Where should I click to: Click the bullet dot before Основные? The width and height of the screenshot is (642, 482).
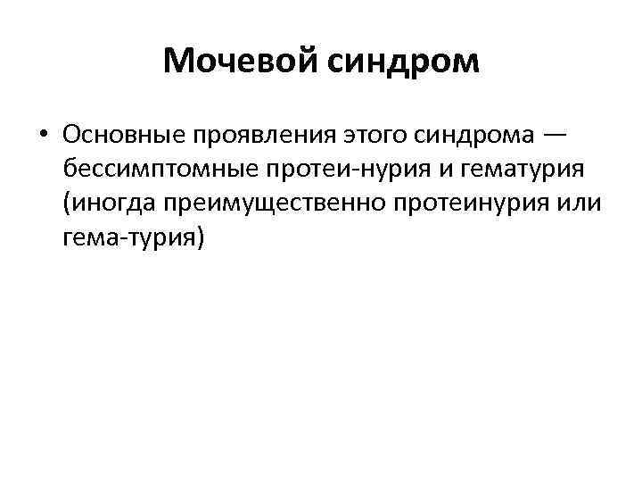42,135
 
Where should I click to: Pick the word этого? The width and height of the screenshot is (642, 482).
363,135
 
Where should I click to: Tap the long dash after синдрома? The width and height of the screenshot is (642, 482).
553,135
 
